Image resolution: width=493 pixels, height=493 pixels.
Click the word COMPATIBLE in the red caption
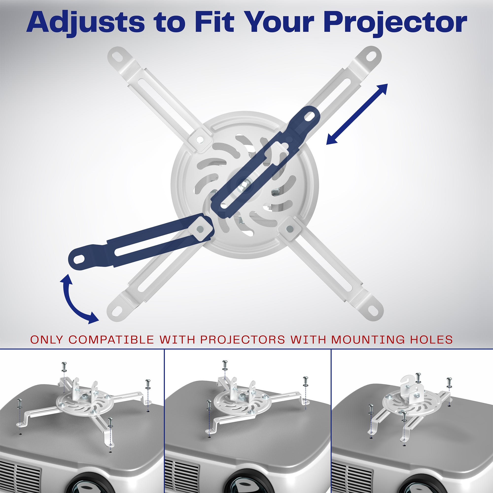click(x=111, y=339)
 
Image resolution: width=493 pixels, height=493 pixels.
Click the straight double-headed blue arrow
click(x=357, y=114)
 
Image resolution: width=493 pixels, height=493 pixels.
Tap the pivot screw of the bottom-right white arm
click(x=289, y=229)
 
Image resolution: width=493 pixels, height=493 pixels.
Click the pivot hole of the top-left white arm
click(x=200, y=139)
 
